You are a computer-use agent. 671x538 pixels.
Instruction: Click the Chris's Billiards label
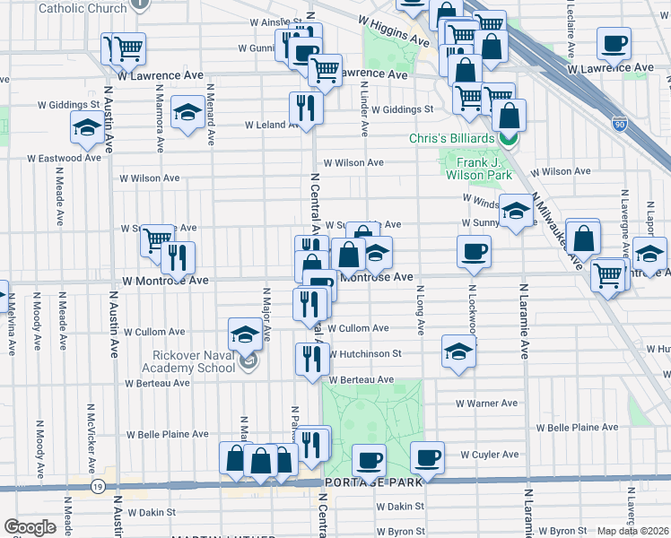[451, 138]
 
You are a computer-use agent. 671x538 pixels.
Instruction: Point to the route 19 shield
[97, 486]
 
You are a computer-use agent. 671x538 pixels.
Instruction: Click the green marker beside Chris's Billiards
[508, 138]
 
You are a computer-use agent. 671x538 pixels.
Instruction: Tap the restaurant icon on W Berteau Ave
[312, 359]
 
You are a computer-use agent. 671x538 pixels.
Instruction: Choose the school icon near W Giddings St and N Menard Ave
[187, 113]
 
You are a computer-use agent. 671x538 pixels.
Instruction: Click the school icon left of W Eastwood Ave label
[86, 128]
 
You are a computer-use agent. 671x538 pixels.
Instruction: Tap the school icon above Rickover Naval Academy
[244, 334]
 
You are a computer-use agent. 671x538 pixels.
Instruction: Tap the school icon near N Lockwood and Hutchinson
[457, 351]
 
